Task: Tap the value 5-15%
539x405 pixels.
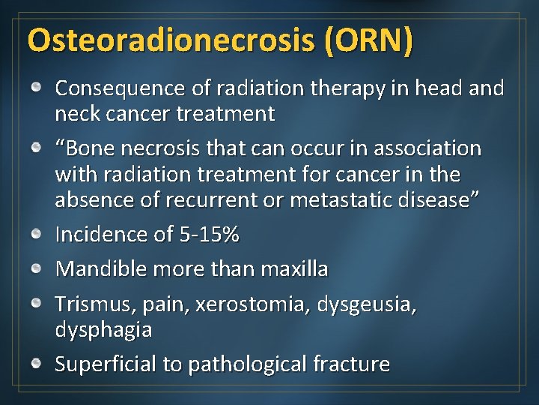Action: tap(210, 235)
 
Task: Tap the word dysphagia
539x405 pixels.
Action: tap(103, 330)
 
